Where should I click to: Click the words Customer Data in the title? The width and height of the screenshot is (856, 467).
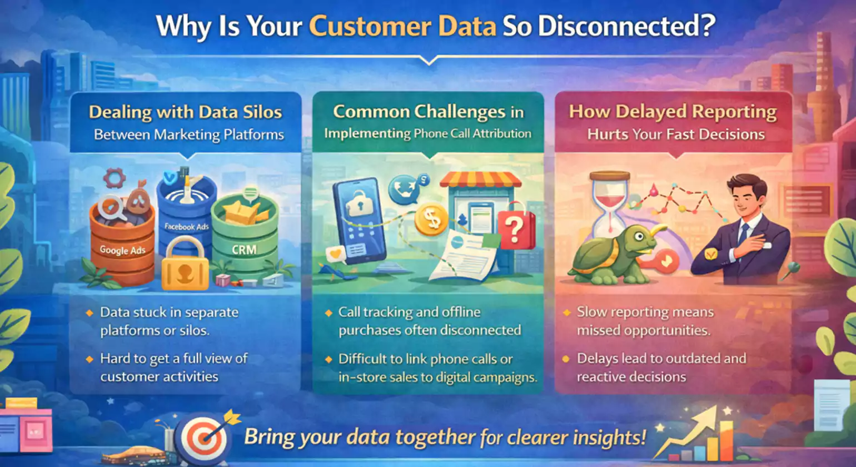click(x=402, y=26)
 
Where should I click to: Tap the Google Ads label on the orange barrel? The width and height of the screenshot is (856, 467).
click(x=123, y=250)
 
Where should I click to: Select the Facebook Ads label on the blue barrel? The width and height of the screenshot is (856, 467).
click(x=187, y=227)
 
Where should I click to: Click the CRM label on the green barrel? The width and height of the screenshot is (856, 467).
click(x=244, y=250)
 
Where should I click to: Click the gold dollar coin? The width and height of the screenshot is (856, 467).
click(x=431, y=220)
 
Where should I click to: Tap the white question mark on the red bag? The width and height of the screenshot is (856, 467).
click(x=514, y=229)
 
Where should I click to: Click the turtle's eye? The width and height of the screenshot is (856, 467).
click(x=639, y=236)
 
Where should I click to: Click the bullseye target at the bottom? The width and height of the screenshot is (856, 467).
click(x=201, y=438)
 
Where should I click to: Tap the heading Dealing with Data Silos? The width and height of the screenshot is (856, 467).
click(x=185, y=112)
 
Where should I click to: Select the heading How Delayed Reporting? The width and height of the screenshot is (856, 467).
click(x=673, y=112)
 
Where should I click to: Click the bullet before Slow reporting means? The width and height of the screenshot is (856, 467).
click(x=566, y=312)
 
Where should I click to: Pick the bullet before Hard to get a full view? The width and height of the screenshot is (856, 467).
click(x=89, y=359)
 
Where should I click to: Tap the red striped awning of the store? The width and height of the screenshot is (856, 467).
click(x=481, y=179)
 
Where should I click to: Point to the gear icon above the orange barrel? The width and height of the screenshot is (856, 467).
click(x=115, y=178)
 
